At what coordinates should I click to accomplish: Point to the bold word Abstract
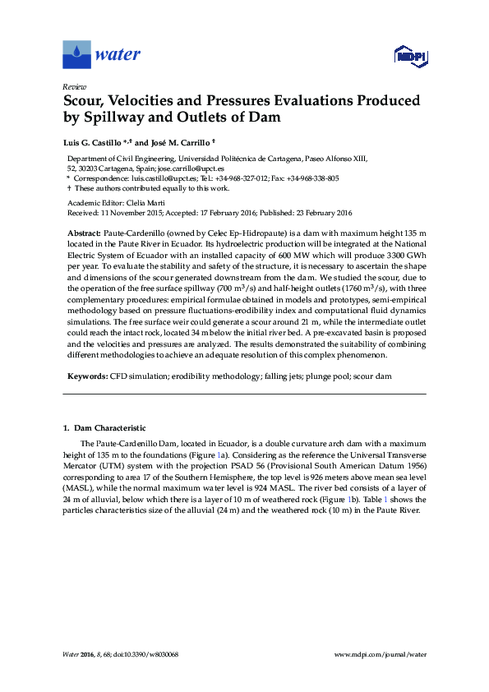(84, 234)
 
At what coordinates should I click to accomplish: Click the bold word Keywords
(88, 375)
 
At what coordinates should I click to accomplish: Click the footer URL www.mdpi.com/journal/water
(381, 654)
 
